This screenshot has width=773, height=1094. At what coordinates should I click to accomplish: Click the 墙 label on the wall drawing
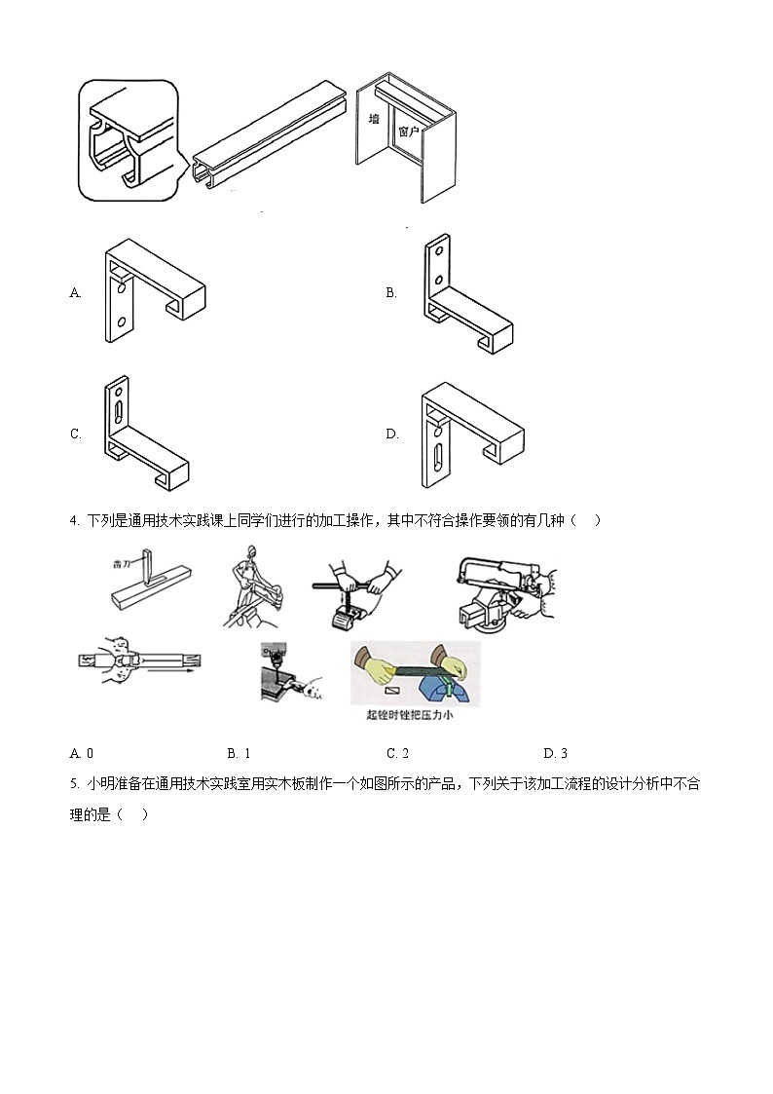coord(374,119)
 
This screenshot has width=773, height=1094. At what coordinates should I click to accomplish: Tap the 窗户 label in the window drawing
coord(408,132)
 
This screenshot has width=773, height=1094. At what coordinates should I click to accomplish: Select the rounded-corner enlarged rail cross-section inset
coord(129,141)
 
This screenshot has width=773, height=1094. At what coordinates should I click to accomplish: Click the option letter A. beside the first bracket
coord(76,292)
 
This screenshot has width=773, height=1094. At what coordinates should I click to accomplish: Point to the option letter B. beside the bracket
coord(391,292)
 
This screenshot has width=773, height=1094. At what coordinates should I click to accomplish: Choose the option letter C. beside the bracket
coord(76,434)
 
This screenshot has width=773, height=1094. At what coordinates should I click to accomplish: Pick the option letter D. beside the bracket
coord(392,434)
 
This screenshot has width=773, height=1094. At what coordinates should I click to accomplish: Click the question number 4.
coord(74,520)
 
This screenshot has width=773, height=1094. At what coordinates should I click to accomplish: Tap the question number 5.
coord(74,784)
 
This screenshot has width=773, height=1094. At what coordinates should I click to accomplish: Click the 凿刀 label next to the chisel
coord(123,564)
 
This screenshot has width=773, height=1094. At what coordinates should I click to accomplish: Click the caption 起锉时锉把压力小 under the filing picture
coord(414,717)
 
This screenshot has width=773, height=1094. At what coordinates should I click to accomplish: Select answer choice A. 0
coord(82,753)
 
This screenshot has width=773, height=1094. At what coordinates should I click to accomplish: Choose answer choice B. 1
coord(239,753)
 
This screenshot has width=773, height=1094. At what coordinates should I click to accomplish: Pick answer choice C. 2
coord(397,753)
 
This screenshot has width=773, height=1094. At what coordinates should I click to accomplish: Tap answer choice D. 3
coord(555,753)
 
